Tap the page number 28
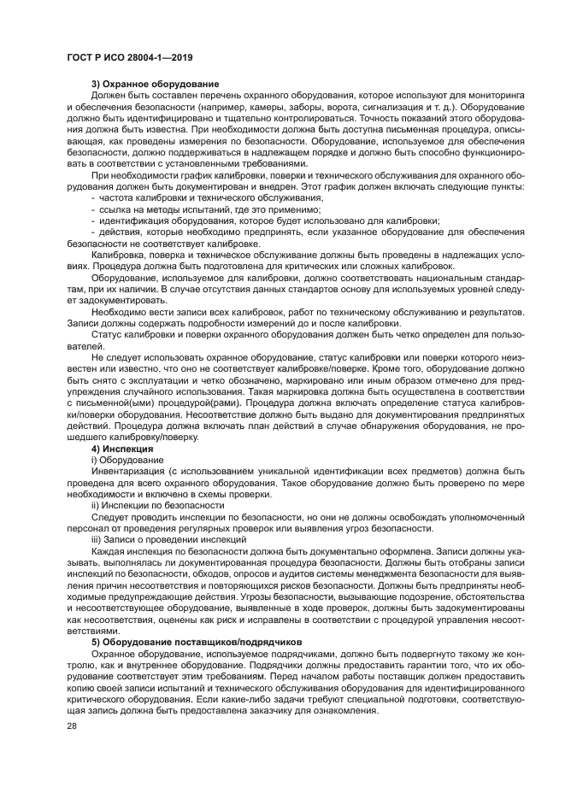click(72, 726)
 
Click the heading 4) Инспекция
click(121, 449)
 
